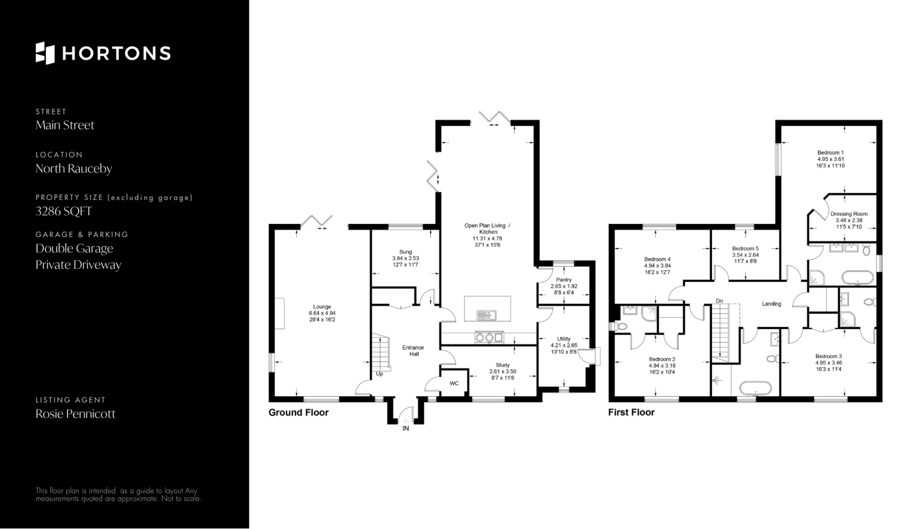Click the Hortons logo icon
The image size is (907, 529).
[45, 53]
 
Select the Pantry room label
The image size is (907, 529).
[564, 280]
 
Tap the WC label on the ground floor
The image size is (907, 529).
[454, 384]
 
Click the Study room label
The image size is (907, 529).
[503, 365]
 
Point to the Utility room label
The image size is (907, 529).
[564, 339]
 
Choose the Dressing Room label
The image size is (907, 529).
[849, 214]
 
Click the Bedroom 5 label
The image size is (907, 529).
[745, 248]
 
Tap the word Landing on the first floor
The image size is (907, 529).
[771, 304]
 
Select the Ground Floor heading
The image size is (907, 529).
[299, 412]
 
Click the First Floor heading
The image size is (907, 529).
[631, 412]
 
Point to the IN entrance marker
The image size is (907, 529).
[406, 428]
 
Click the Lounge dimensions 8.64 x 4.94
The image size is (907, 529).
[322, 313]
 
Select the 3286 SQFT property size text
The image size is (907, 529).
[64, 211]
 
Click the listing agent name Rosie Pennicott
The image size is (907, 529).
[76, 414]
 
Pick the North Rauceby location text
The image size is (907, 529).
[74, 169]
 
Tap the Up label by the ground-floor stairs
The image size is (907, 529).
[379, 374]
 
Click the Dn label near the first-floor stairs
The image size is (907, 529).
[719, 301]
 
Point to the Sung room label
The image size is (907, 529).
[405, 252]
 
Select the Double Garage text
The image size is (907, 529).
[75, 248]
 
